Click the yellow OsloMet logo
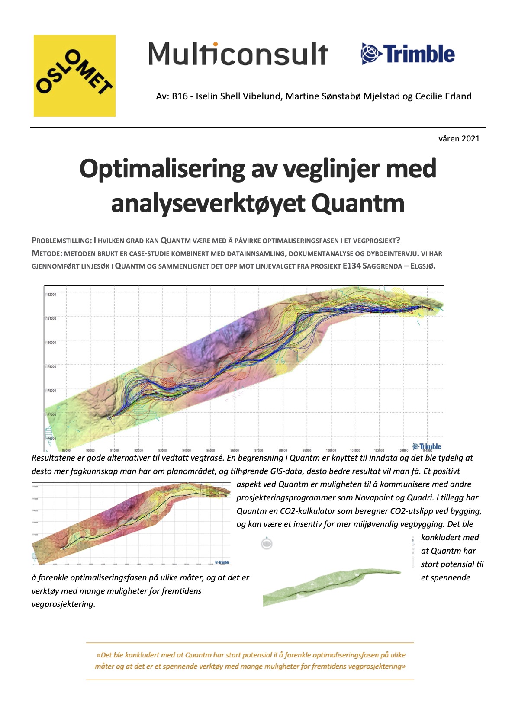(74, 76)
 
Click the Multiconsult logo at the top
(238, 54)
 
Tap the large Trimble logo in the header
(408, 54)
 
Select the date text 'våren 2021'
(459, 138)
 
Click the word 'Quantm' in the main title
(358, 203)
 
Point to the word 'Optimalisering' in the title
(162, 169)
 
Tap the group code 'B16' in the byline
(180, 96)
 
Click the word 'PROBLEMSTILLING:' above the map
(62, 241)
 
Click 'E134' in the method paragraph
(351, 266)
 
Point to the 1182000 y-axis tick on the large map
(50, 295)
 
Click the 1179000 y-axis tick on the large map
(50, 366)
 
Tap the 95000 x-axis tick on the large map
(210, 450)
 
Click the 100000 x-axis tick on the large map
(331, 450)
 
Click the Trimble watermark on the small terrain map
(222, 562)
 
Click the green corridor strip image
(331, 586)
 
